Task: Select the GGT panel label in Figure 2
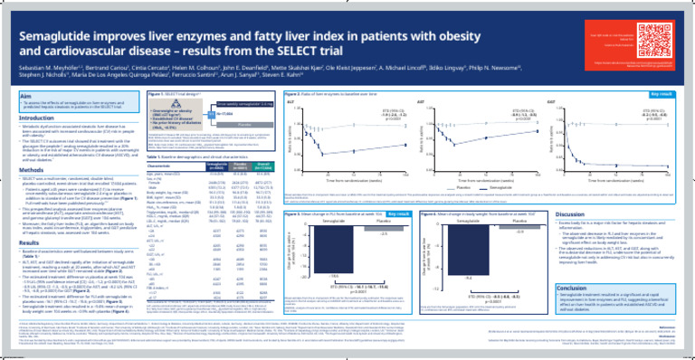550,103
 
